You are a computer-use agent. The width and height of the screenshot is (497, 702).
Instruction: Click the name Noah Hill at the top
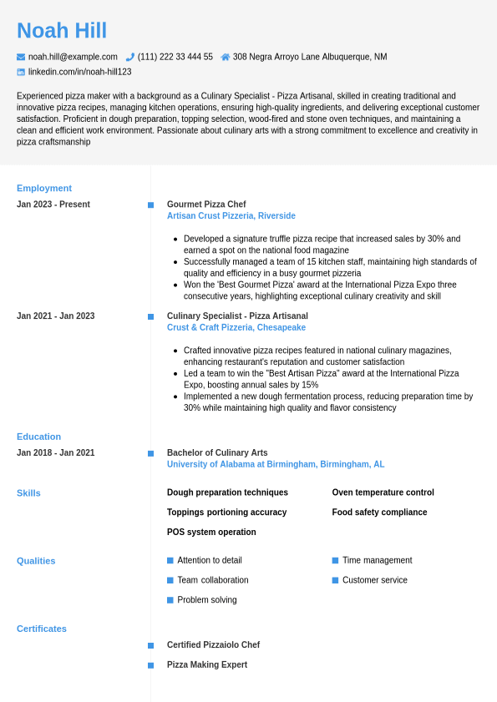pyautogui.click(x=62, y=31)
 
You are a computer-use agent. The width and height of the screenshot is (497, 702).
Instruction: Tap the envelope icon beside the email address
pyautogui.click(x=21, y=57)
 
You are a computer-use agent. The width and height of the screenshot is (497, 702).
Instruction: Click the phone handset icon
pyautogui.click(x=130, y=57)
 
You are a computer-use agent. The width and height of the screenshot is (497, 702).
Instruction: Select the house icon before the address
pyautogui.click(x=226, y=57)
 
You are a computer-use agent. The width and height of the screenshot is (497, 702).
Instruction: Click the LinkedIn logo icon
pyautogui.click(x=21, y=72)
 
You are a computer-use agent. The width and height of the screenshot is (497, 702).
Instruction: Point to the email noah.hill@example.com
pyautogui.click(x=73, y=57)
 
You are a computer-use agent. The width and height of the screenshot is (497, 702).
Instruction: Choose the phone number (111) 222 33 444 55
pyautogui.click(x=175, y=57)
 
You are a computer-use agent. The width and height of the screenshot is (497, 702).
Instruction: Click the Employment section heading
pyautogui.click(x=44, y=188)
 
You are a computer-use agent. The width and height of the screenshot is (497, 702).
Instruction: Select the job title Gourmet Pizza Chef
pyautogui.click(x=206, y=205)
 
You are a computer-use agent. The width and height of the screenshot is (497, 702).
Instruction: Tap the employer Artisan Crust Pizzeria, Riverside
pyautogui.click(x=231, y=216)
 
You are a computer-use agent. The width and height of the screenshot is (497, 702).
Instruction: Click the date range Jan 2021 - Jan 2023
pyautogui.click(x=55, y=316)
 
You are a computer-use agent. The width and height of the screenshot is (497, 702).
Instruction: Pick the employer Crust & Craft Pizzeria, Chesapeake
pyautogui.click(x=236, y=328)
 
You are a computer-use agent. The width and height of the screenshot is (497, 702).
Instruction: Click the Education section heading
pyautogui.click(x=38, y=437)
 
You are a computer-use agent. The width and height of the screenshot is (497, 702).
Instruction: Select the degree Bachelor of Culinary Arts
pyautogui.click(x=217, y=453)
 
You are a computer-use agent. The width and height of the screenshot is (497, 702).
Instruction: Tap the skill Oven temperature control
pyautogui.click(x=383, y=492)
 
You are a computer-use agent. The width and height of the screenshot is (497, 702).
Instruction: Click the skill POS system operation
pyautogui.click(x=211, y=533)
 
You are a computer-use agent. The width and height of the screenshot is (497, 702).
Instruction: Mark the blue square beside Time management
pyautogui.click(x=335, y=560)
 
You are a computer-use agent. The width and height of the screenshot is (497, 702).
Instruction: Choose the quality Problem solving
pyautogui.click(x=207, y=600)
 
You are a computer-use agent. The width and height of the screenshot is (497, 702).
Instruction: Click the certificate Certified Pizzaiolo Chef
pyautogui.click(x=213, y=645)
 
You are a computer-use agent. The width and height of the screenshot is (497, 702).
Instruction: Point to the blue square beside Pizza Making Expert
pyautogui.click(x=150, y=665)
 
